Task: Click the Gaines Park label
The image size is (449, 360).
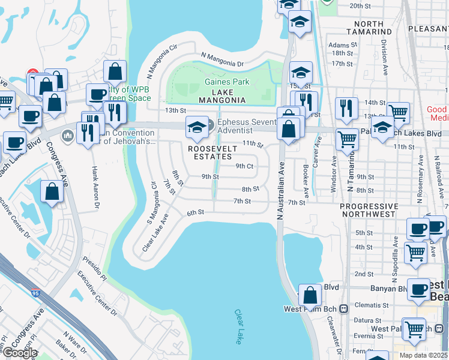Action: click(226, 82)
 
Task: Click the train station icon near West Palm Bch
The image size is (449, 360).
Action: click(343, 309)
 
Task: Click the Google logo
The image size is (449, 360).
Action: click(19, 352)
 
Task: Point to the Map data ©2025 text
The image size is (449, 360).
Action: click(423, 355)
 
